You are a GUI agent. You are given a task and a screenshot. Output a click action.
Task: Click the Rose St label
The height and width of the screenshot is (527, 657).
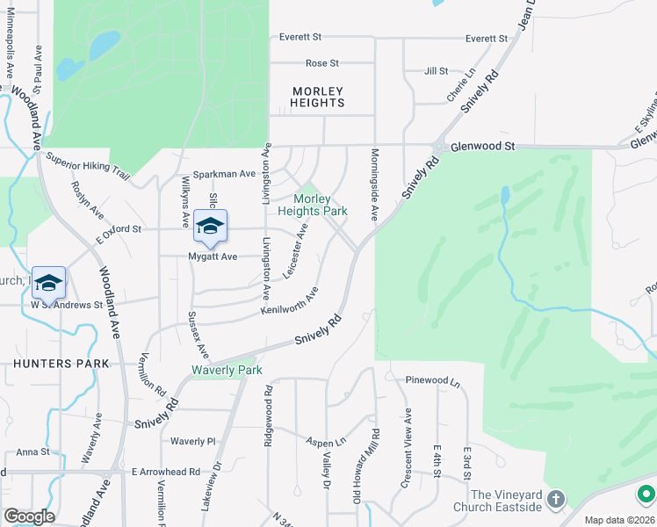pos(321,63)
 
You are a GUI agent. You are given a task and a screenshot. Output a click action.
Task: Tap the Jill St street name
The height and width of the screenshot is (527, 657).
pos(436,71)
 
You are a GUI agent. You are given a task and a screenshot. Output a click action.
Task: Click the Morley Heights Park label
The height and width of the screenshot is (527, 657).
pos(313,206)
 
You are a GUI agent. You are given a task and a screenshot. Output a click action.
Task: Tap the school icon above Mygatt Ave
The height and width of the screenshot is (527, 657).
pos(211,227)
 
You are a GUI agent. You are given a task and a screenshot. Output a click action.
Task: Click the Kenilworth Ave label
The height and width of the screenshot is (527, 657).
pos(289,301)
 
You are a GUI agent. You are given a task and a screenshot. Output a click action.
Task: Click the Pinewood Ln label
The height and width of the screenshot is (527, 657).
pos(432,381)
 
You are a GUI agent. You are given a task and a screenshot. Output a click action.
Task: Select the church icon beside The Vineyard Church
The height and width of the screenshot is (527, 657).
pos(554,500)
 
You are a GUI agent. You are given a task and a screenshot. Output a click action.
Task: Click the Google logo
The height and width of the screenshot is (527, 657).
pos(29,516)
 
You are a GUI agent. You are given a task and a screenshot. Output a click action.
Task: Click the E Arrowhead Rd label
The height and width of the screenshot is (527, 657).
pos(166,472)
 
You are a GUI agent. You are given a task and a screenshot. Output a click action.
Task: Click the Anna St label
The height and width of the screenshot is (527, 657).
pos(32,451)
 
